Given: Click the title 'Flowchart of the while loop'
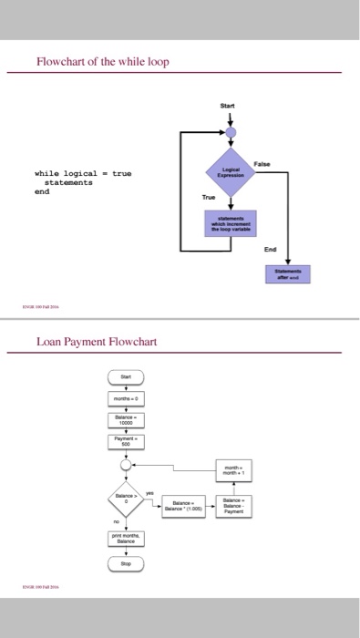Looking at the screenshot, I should [102, 61].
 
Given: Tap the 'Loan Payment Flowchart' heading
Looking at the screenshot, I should [97, 343].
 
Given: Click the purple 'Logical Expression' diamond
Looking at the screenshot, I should [231, 172].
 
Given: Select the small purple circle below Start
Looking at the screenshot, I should [231, 133].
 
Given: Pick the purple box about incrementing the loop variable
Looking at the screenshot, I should [231, 221].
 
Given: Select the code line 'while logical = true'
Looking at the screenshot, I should [83, 173].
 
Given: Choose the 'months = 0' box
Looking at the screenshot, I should [125, 399].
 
